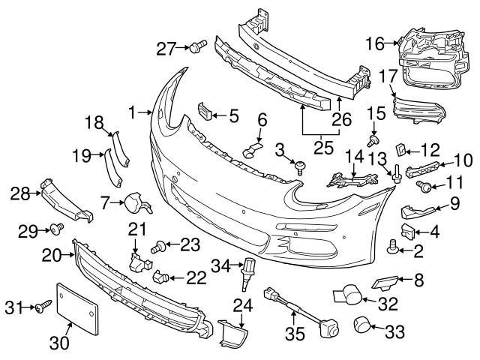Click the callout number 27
165,49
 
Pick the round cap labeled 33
364,326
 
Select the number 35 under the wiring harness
293,331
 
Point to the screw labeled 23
160,244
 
